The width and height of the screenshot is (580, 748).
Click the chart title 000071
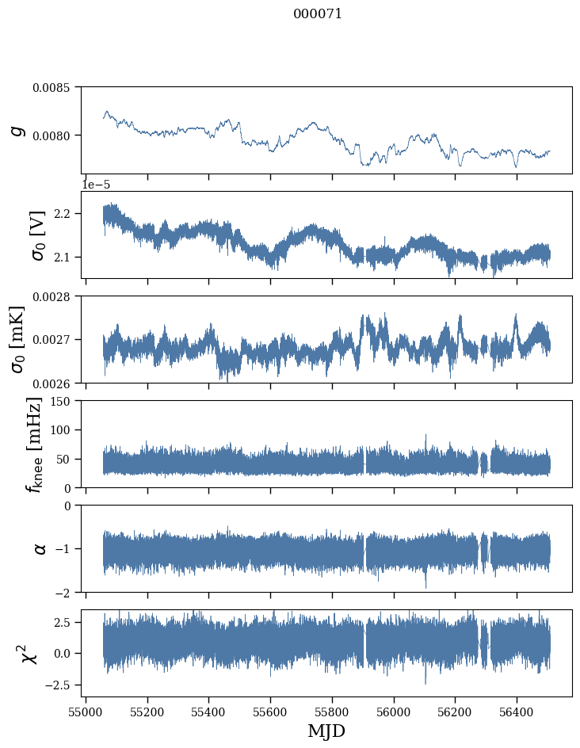(x=318, y=14)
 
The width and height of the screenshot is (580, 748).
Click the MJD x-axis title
(x=326, y=731)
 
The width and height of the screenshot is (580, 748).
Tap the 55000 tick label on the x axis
(x=86, y=710)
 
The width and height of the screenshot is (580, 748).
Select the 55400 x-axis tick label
(x=209, y=710)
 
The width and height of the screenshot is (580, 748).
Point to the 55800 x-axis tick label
(x=333, y=710)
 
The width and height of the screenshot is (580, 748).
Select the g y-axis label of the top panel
(x=17, y=129)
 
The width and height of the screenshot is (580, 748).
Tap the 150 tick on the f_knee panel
(x=64, y=401)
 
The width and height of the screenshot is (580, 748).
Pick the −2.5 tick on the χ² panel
(x=61, y=684)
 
